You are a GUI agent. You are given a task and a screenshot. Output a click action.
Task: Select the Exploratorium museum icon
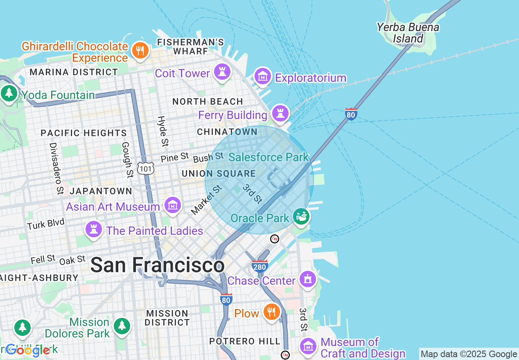click(263, 76)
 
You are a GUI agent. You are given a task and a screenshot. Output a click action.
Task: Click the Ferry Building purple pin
click(280, 113)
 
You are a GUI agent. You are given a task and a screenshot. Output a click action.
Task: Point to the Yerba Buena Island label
click(408, 33)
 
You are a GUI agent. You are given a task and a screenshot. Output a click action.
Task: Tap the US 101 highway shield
click(146, 168)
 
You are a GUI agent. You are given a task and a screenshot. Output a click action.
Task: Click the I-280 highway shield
click(260, 266)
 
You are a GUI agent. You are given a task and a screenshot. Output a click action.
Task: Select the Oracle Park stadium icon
click(302, 216)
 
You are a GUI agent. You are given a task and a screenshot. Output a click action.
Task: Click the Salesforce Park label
click(269, 157)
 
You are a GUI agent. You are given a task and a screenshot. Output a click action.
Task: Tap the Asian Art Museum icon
click(173, 205)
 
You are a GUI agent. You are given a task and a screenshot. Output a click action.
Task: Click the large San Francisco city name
click(157, 265)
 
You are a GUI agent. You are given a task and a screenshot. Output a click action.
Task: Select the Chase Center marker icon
click(307, 279)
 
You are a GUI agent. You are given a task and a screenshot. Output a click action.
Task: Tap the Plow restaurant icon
click(271, 312)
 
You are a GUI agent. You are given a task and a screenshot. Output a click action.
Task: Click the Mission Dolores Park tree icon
click(122, 326)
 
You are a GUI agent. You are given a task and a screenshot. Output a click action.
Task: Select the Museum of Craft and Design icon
click(307, 346)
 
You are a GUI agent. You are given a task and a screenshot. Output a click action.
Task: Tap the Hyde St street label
click(162, 131)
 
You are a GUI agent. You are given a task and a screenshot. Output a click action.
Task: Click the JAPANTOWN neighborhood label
click(101, 191)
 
